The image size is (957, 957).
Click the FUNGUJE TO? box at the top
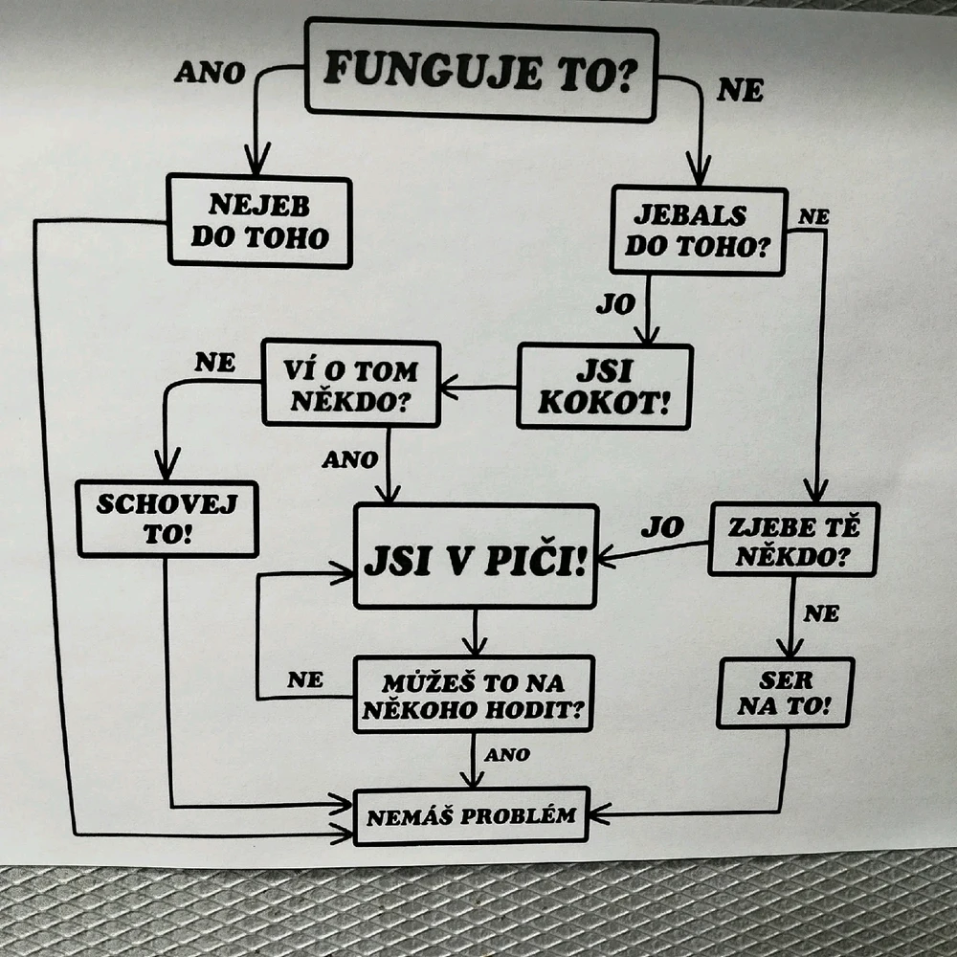point(481,71)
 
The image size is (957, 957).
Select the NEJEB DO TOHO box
point(259,221)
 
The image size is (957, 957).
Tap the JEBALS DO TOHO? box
point(699,231)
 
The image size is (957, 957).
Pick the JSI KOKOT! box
point(604,387)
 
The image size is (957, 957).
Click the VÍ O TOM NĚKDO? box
point(350,383)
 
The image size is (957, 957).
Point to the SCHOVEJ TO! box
point(167,518)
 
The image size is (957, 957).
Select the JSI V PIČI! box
point(476,556)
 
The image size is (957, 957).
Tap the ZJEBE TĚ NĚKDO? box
point(793,539)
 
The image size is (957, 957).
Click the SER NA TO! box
point(786,693)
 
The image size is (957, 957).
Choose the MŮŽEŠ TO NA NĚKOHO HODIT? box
point(474,695)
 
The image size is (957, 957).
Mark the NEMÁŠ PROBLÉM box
point(471,816)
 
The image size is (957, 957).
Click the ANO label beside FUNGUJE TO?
point(210,73)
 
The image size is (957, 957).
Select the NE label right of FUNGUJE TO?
point(741,91)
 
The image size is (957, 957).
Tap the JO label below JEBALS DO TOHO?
point(615,304)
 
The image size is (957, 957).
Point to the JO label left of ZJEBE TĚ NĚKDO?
point(662,526)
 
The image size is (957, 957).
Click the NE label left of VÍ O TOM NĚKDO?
point(214,362)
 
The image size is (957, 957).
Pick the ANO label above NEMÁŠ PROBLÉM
point(506,755)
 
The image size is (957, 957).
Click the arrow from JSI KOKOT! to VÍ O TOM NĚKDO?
point(478,389)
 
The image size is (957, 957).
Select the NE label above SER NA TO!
point(821,613)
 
